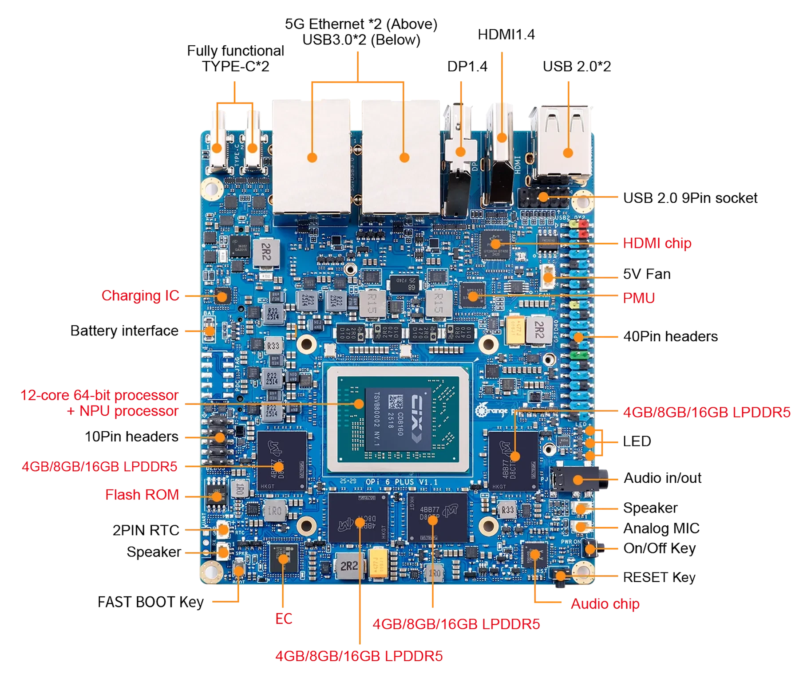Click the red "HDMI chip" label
coord(657,243)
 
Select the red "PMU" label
coord(638,297)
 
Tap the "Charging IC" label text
coord(140,295)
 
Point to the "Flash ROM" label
coord(142,494)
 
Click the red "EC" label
coord(284,618)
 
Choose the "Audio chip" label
coord(605,603)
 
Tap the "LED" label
coord(637,441)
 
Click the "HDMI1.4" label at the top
coord(506,35)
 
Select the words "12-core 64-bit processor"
coord(99,395)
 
